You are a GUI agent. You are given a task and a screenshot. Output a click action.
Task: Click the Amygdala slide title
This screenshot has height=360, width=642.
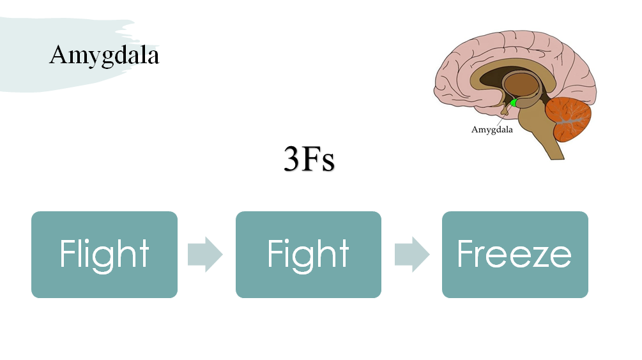pyautogui.click(x=104, y=56)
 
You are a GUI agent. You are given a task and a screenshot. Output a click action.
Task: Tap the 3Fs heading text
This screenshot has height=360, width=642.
pyautogui.click(x=309, y=160)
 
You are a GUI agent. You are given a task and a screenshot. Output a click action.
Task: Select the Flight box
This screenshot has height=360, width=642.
pyautogui.click(x=104, y=255)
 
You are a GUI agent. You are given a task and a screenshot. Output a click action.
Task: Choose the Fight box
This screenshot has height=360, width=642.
pyautogui.click(x=308, y=255)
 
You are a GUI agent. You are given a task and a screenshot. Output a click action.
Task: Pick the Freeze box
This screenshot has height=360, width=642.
pyautogui.click(x=515, y=255)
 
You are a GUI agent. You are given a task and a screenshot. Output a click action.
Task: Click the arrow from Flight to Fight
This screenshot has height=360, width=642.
pyautogui.click(x=205, y=255)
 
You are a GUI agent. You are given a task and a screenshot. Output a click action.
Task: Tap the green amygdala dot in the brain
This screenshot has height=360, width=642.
pyautogui.click(x=513, y=102)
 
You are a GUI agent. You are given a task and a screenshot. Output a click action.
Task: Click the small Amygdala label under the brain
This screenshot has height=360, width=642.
pyautogui.click(x=492, y=130)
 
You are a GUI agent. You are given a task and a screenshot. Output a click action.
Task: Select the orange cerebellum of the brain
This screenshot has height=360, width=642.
pyautogui.click(x=570, y=119)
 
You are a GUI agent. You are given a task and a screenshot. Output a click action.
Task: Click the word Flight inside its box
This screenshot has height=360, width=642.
pyautogui.click(x=104, y=254)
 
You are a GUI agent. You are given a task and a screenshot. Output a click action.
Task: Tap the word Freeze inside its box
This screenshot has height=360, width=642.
pyautogui.click(x=515, y=254)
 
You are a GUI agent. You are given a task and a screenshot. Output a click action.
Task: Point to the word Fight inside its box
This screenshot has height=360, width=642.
pyautogui.click(x=308, y=254)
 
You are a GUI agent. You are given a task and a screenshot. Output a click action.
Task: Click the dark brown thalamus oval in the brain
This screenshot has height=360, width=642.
pyautogui.click(x=523, y=86)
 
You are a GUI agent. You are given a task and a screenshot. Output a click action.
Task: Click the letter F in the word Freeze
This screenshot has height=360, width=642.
pyautogui.click(x=466, y=254)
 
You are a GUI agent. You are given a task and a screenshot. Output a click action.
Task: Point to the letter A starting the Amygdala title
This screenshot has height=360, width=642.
pyautogui.click(x=58, y=56)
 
